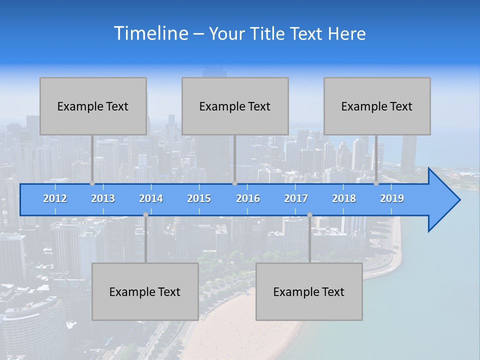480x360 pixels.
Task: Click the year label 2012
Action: click(55, 198)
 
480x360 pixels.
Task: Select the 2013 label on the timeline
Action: click(103, 198)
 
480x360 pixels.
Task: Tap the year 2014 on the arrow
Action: click(151, 198)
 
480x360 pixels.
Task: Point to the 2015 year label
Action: click(199, 198)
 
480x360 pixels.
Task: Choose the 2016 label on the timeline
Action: click(248, 198)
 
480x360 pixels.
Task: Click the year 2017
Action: click(296, 198)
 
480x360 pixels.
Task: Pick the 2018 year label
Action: click(344, 198)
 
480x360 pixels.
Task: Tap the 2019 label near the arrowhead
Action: click(392, 198)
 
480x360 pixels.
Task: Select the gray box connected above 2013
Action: click(93, 106)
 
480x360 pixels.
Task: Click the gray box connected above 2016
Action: click(235, 106)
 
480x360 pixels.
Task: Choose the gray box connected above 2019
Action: click(377, 106)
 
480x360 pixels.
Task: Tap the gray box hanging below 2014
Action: click(145, 291)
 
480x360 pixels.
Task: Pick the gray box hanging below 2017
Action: click(309, 291)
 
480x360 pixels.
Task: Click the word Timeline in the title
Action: click(150, 33)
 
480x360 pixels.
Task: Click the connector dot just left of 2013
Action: click(92, 183)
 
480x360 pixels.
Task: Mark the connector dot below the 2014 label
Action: click(145, 215)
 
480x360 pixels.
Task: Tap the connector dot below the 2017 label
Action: click(309, 215)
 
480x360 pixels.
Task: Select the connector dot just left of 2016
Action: click(234, 183)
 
